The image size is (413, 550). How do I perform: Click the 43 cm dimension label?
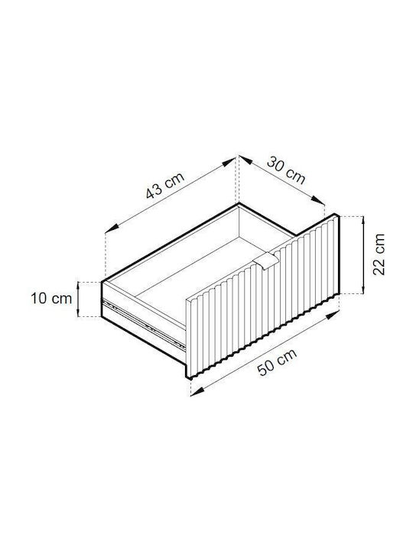coord(165,185)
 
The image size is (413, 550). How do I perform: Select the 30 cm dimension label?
coord(286,170)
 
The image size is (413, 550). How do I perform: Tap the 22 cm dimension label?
coord(379,254)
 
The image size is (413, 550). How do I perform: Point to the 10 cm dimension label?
coord(51,299)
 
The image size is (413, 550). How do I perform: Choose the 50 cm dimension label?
coord(278,362)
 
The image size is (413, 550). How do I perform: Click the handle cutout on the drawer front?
coord(266,261)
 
